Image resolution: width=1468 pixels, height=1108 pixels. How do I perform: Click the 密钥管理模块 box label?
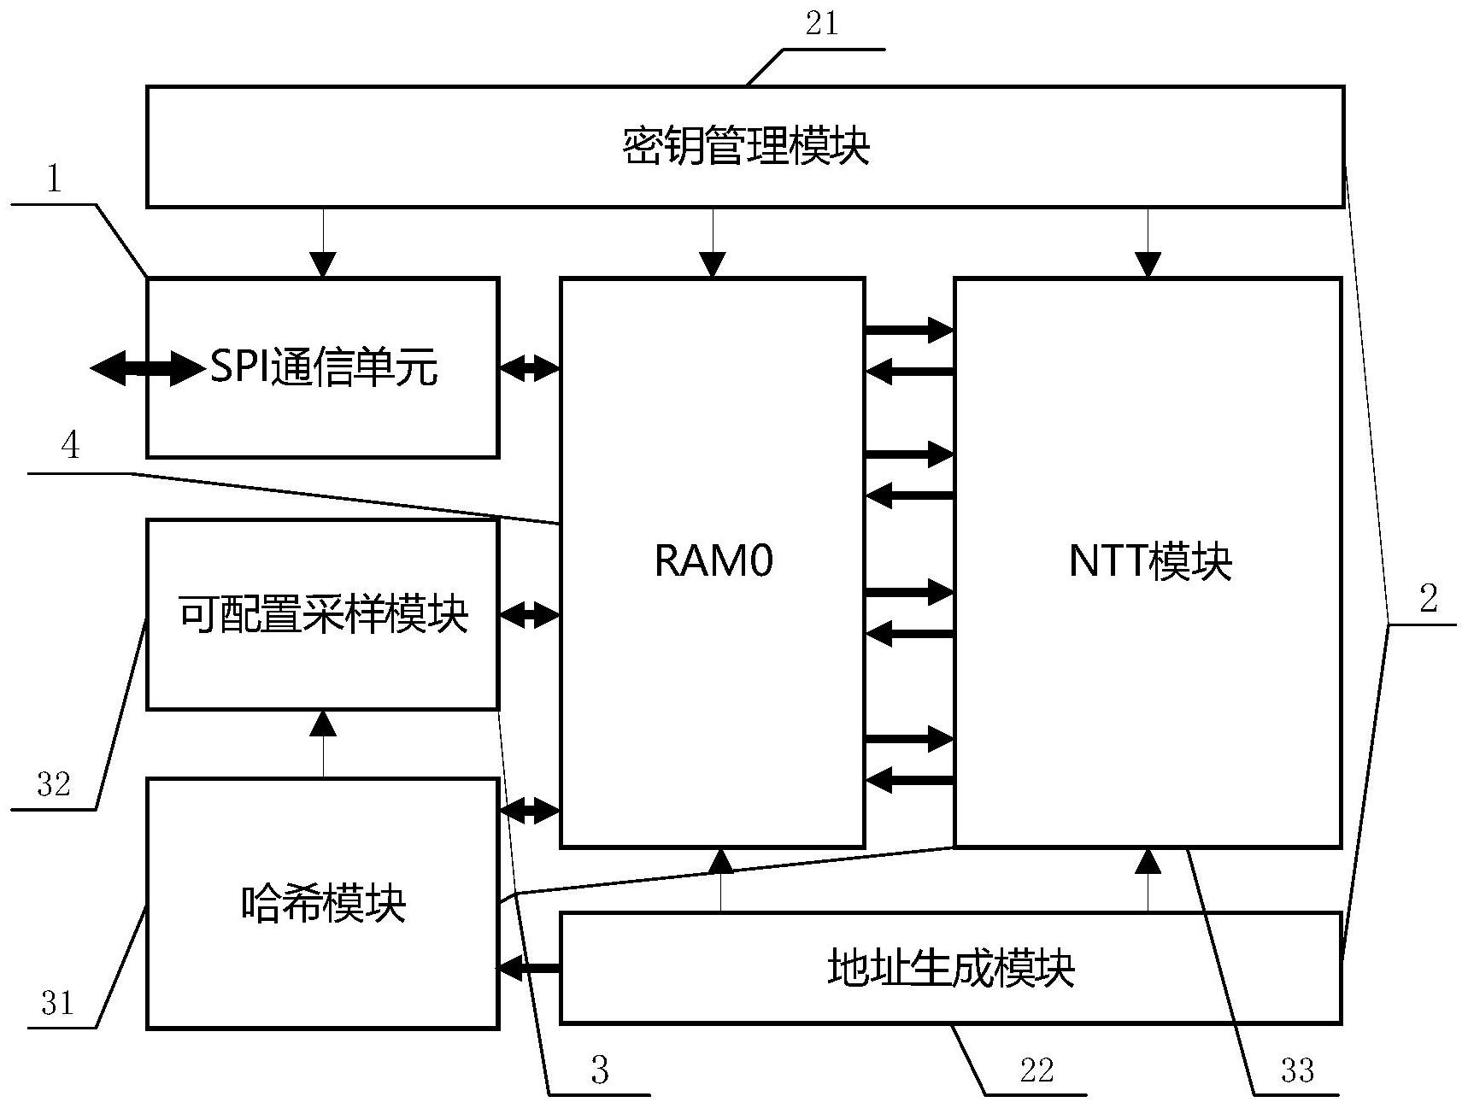click(x=745, y=146)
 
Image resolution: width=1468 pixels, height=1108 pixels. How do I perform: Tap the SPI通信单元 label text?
click(x=324, y=368)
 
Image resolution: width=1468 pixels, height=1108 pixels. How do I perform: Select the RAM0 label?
click(x=713, y=561)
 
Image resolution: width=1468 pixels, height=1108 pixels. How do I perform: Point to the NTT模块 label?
click(x=1150, y=561)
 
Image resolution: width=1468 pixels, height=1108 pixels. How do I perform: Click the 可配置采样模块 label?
click(x=324, y=614)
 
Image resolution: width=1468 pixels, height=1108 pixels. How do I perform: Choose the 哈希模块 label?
click(x=324, y=903)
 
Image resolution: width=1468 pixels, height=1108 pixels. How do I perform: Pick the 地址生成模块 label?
click(x=950, y=968)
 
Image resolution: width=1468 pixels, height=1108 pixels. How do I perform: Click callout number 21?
click(x=822, y=24)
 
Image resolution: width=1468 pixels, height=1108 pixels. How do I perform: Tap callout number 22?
click(x=1036, y=1070)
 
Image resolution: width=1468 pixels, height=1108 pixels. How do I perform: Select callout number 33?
click(x=1297, y=1070)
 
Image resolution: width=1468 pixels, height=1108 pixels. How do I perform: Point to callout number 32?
click(x=54, y=783)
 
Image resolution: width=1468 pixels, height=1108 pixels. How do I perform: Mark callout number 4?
click(x=71, y=445)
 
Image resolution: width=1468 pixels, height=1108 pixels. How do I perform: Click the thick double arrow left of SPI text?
click(x=145, y=368)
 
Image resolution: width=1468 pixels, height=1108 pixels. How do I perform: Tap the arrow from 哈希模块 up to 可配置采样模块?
click(x=323, y=743)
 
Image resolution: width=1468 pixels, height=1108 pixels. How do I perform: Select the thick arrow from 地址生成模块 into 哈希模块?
click(x=529, y=968)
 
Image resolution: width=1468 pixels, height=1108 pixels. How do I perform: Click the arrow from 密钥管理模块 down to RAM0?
click(x=713, y=243)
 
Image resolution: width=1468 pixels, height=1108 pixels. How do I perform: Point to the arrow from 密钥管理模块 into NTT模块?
click(x=1148, y=243)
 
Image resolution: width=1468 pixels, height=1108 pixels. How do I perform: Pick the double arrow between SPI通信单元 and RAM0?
click(x=529, y=368)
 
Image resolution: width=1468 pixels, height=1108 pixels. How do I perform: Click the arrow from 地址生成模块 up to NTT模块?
click(x=1148, y=880)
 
